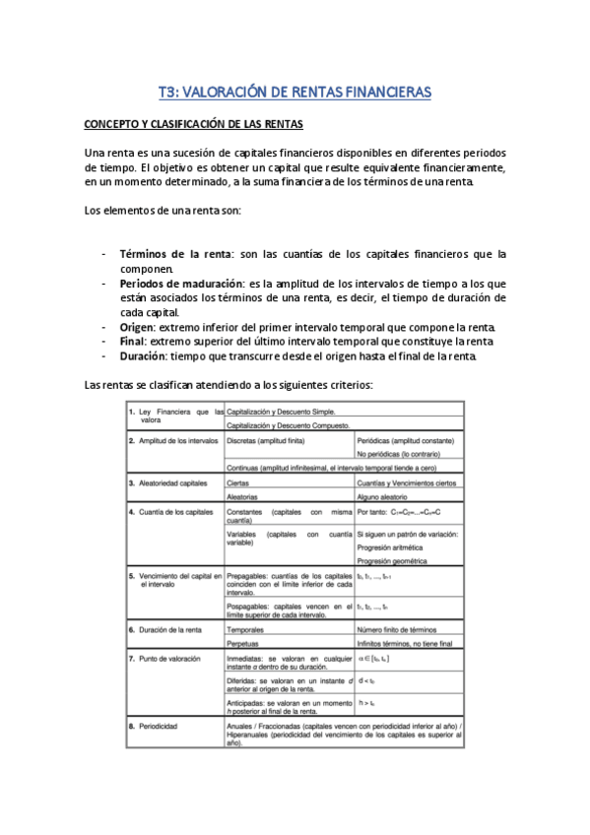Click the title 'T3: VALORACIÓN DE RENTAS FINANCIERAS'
[x=295, y=93]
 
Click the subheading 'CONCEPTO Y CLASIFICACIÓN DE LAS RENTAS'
[x=194, y=125]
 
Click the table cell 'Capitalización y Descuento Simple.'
[x=283, y=410]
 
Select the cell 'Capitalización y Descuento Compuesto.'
[x=288, y=424]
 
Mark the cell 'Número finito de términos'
[x=396, y=628]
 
